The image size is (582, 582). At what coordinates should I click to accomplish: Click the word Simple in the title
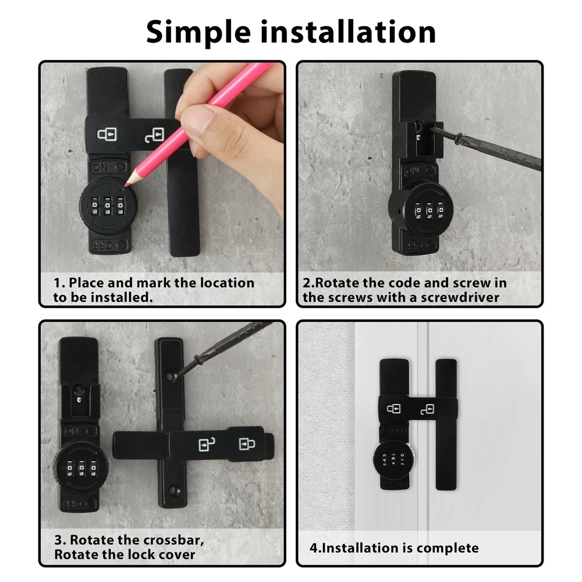click(198, 33)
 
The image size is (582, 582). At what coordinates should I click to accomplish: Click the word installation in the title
click(348, 32)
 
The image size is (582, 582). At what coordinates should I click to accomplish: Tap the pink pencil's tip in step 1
click(126, 184)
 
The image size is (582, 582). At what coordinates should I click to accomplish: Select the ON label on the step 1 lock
click(100, 168)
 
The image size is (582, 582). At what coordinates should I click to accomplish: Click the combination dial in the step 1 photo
click(108, 205)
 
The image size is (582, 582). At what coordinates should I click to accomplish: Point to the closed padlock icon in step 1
click(107, 134)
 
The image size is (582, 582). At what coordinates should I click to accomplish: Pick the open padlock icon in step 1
click(154, 135)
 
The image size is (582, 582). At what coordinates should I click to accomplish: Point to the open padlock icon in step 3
click(207, 444)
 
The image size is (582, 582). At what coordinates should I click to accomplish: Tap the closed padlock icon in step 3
click(247, 443)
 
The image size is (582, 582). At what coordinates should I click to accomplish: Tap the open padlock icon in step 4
click(428, 409)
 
